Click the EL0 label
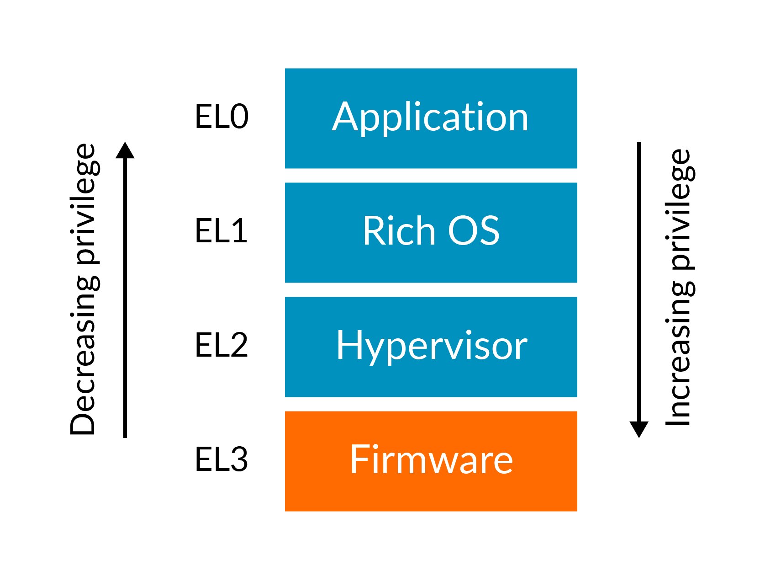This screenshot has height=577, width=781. click(222, 116)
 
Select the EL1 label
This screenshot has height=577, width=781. click(221, 230)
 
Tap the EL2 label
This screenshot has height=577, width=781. click(222, 345)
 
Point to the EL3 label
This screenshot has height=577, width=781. click(222, 459)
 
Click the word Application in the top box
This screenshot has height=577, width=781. click(430, 117)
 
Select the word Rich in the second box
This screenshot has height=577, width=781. click(399, 230)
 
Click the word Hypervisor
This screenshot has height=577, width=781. click(432, 346)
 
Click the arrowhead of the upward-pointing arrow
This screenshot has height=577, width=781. click(125, 151)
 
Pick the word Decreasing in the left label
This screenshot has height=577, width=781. click(84, 357)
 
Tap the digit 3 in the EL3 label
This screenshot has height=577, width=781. click(239, 459)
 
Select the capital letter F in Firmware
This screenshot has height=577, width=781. click(358, 459)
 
